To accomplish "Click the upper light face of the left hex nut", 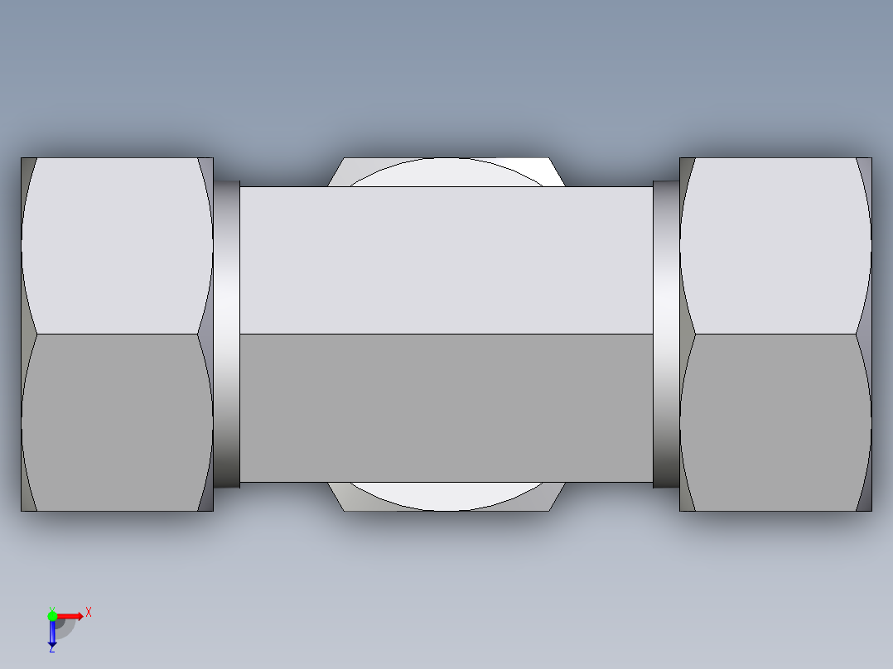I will [x=116, y=245].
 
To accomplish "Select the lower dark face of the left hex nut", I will [x=116, y=422].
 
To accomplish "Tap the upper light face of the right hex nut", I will [x=775, y=245].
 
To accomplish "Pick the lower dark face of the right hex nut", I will [x=775, y=422].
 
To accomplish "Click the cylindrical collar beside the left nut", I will [x=227, y=334].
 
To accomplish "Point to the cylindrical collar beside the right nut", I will [x=665, y=334].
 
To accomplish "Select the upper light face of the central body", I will [x=446, y=260].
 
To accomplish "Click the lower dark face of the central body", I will [x=446, y=407].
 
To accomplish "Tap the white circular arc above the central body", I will [x=446, y=172].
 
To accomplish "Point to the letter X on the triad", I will [x=89, y=613].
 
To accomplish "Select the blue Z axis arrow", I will [x=52, y=634].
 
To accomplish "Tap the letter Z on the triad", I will [x=51, y=649].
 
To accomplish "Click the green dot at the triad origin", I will [x=52, y=615].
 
